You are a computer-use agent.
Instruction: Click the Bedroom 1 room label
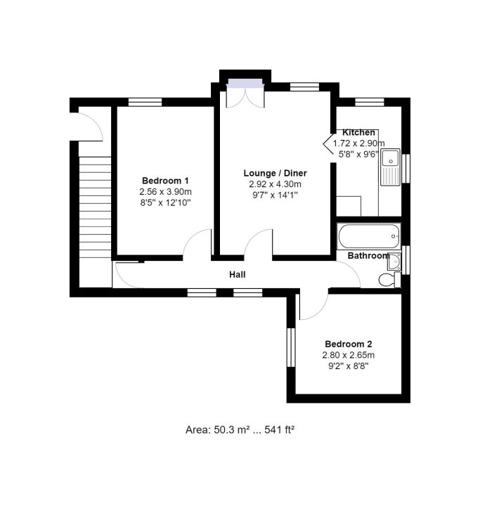tap(165, 181)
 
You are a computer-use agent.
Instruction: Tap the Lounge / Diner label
tap(275, 173)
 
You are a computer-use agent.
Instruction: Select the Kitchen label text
tap(358, 132)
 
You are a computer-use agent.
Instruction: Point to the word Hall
tap(238, 275)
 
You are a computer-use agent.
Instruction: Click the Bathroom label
tap(368, 256)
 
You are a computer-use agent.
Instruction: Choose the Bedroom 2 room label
tap(349, 344)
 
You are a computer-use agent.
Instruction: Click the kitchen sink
tap(391, 167)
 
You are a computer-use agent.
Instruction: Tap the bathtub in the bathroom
tap(369, 236)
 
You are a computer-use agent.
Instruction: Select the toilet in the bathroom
tap(389, 280)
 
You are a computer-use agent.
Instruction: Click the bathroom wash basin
tap(394, 262)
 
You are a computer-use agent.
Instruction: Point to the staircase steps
tap(95, 207)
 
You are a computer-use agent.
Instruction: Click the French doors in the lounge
tap(245, 94)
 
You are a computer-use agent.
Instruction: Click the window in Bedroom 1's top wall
tap(145, 102)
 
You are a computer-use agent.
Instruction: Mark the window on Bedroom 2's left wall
tap(291, 348)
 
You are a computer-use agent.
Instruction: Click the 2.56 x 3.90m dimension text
tap(165, 192)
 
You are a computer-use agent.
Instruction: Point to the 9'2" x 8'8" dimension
tap(349, 366)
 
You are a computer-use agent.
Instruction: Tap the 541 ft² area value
tap(280, 430)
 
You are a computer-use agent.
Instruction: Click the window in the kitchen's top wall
tap(370, 102)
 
